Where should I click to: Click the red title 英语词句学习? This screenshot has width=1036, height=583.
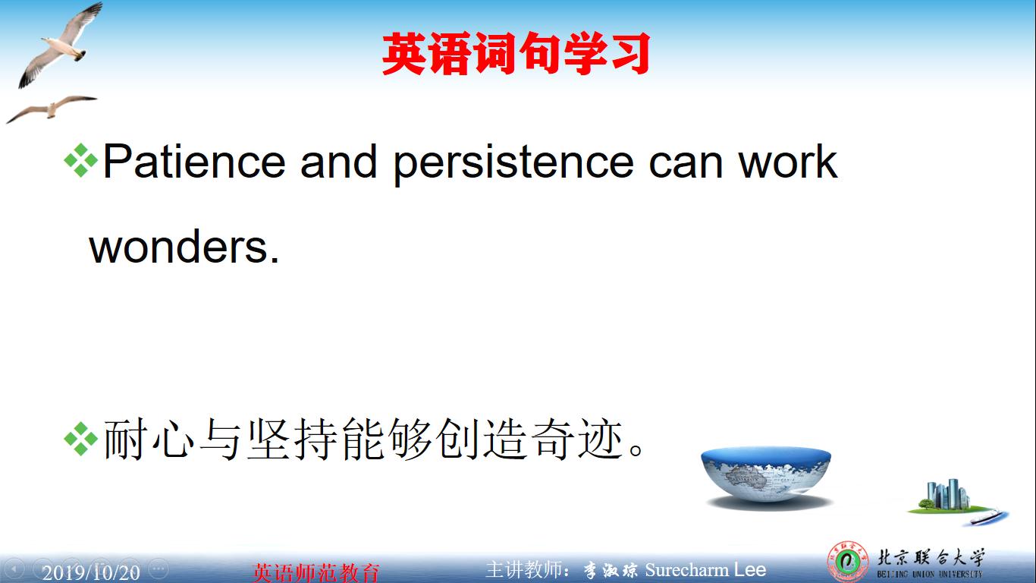516,54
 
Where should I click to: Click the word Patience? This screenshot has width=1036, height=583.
194,162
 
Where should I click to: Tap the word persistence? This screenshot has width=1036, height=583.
513,163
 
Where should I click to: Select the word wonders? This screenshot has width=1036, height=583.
184,247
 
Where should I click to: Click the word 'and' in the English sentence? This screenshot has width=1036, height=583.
338,162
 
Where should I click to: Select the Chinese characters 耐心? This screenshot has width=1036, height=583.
146,440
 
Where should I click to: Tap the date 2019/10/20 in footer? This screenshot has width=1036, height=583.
91,572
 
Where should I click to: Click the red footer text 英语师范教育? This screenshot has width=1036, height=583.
316,572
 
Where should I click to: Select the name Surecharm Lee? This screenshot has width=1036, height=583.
705,569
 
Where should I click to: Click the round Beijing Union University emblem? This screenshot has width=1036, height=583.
847,563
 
